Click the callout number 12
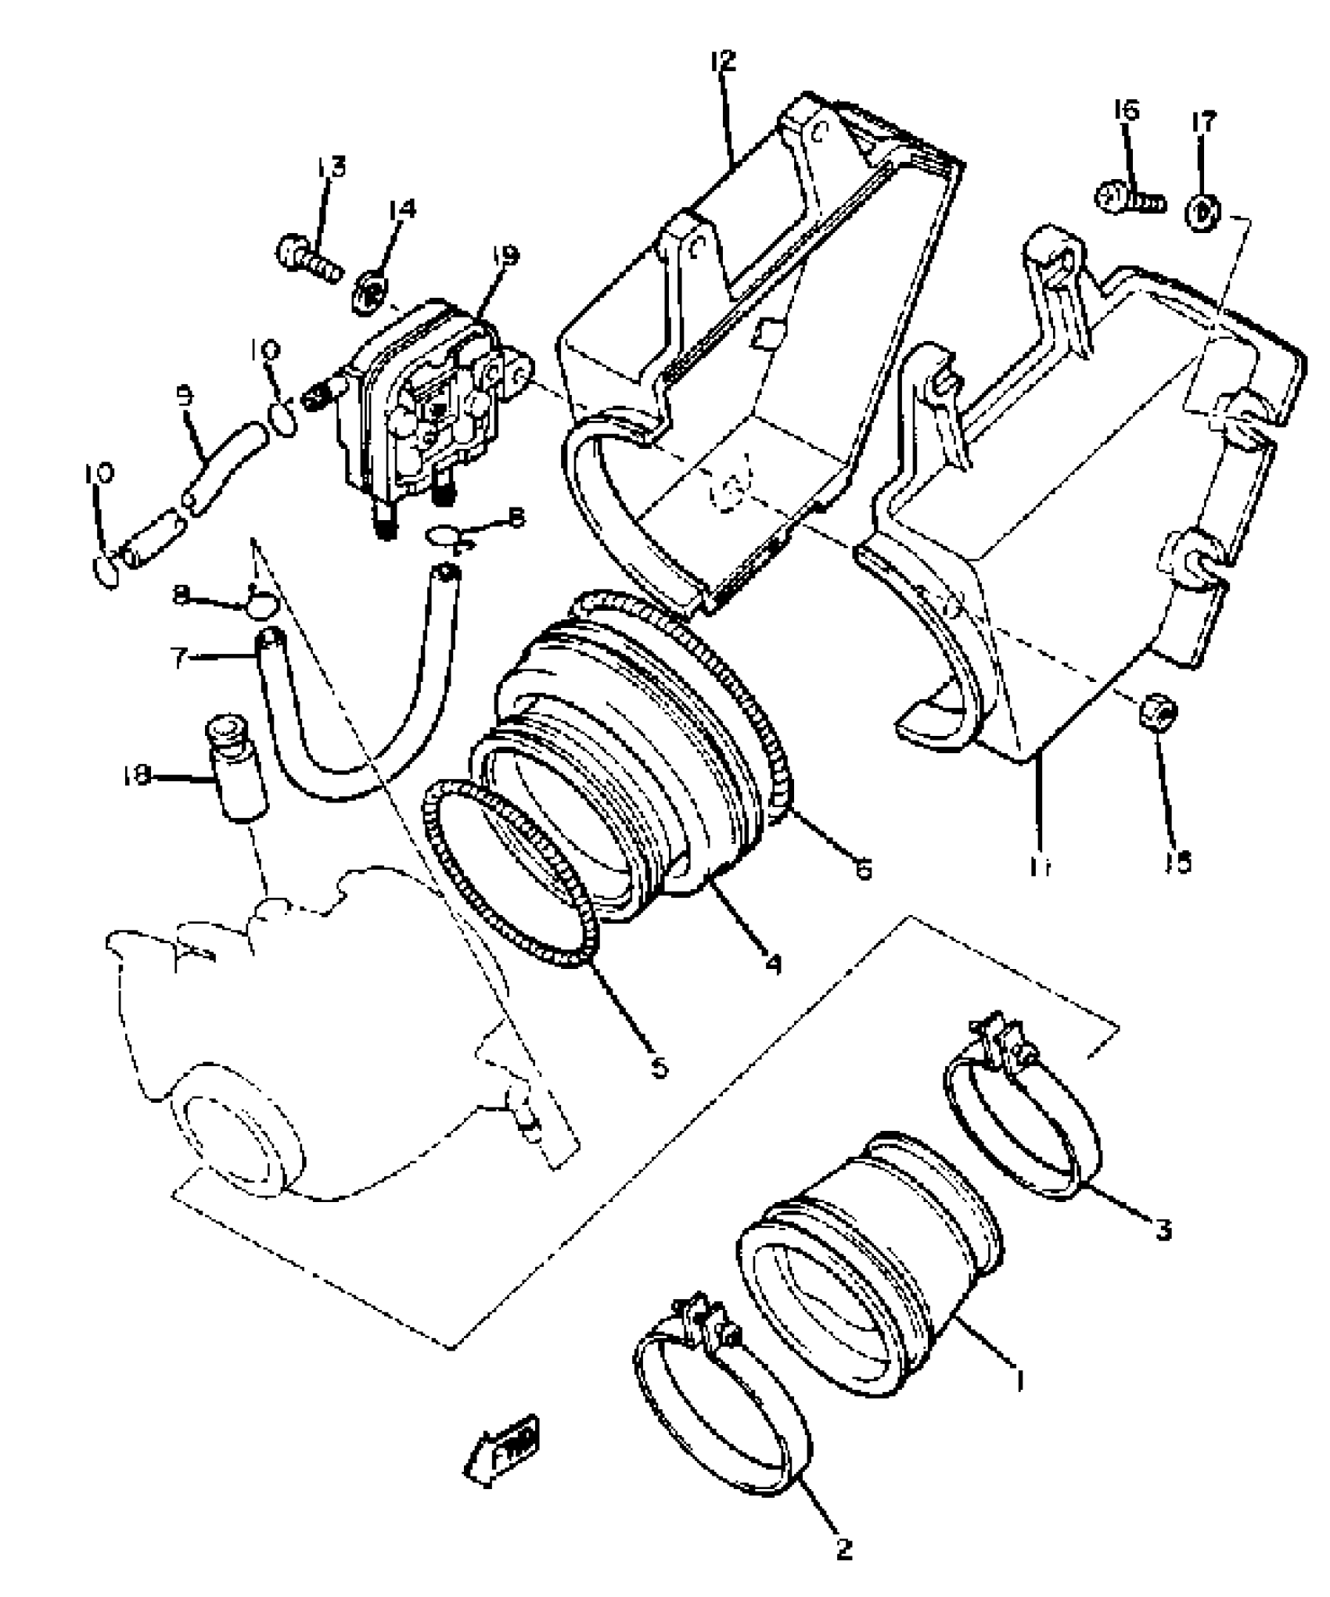tap(724, 61)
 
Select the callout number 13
tap(331, 168)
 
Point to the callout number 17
tap(1203, 123)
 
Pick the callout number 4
tap(773, 964)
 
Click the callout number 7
tap(179, 659)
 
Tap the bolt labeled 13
tap(307, 257)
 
